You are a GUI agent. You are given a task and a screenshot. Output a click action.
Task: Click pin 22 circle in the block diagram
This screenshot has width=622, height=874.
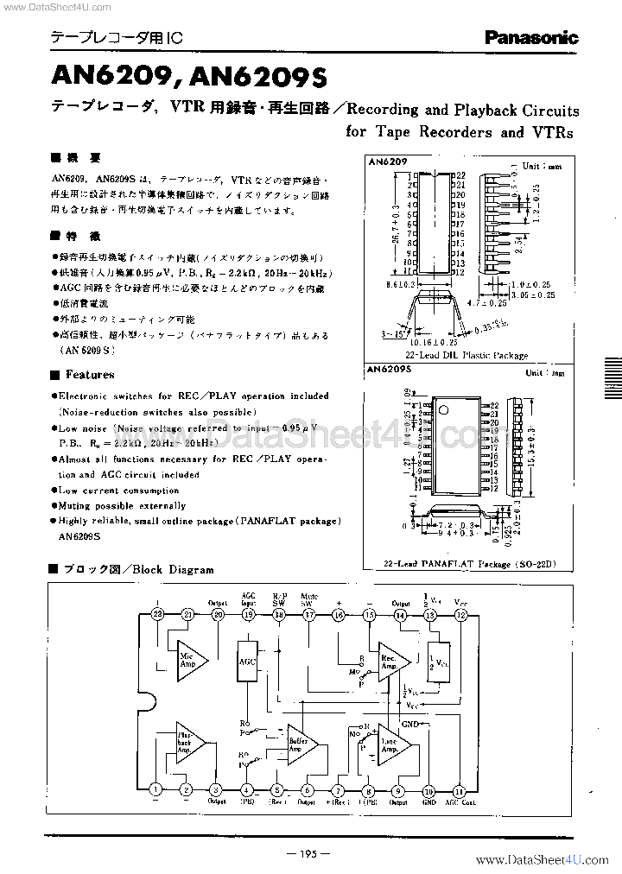[x=157, y=613]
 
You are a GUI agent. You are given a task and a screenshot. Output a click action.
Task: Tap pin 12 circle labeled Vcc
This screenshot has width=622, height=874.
[x=460, y=614]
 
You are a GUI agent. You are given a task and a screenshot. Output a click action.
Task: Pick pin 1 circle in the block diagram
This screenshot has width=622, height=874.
[x=155, y=789]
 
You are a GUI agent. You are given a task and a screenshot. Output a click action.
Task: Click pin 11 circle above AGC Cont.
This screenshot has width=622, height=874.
[x=459, y=789]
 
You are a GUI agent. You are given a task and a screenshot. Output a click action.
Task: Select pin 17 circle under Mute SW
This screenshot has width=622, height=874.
[x=309, y=614]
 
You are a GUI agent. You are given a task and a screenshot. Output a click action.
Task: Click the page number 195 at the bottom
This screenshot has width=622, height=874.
[x=309, y=854]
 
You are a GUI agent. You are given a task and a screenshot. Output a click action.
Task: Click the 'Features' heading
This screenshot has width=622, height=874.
[x=89, y=375]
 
